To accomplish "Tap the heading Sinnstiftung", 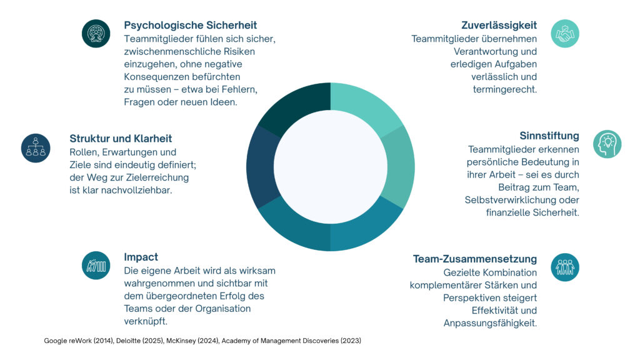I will (x=549, y=136).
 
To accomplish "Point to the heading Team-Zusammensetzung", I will (x=474, y=259).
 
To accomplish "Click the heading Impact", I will (x=141, y=257).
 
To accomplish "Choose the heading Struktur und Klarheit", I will (x=121, y=138).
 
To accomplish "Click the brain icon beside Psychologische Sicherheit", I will (x=96, y=33).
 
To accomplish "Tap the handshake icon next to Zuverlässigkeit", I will (x=565, y=34).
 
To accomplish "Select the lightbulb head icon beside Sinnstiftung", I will (x=607, y=144).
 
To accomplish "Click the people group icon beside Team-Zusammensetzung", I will (x=565, y=267).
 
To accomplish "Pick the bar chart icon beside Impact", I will (x=96, y=265).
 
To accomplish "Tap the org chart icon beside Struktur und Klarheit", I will (x=36, y=147).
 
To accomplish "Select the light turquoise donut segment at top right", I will (x=366, y=107).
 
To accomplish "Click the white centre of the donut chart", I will (x=330, y=167).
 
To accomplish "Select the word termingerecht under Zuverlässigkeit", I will (x=505, y=89).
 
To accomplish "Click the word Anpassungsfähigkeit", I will (x=490, y=323).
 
